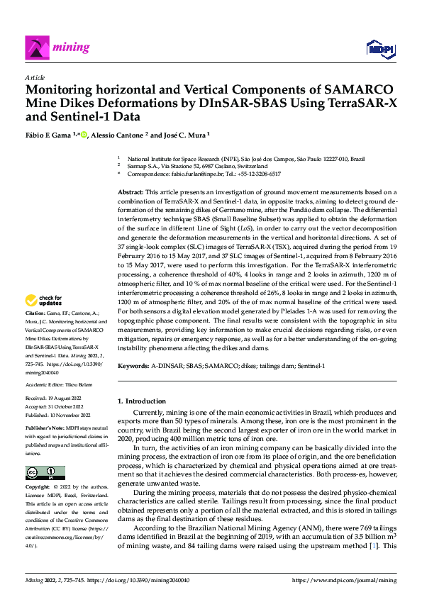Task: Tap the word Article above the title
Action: tap(35, 77)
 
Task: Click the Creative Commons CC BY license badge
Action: tap(45, 473)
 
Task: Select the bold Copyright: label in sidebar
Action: tap(38, 488)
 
